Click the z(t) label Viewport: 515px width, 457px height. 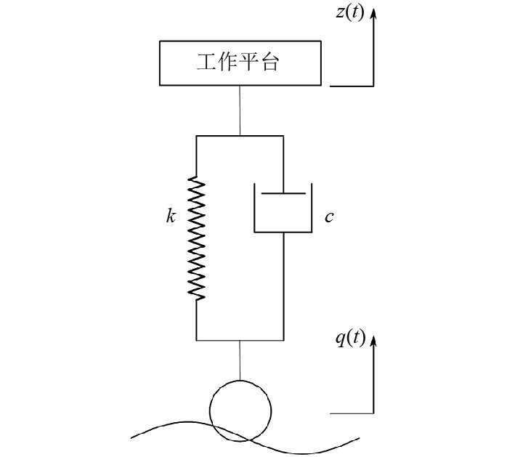350,15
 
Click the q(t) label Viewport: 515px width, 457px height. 350,339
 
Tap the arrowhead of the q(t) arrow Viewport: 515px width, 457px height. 375,339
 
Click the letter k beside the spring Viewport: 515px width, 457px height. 171,217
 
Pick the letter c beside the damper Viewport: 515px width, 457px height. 329,217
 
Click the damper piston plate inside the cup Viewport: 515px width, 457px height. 283,194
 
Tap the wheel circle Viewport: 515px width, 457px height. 240,410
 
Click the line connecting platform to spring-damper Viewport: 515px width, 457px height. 240,110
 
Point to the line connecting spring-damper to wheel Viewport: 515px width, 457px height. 240,360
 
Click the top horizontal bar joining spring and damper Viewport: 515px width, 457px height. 240,136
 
